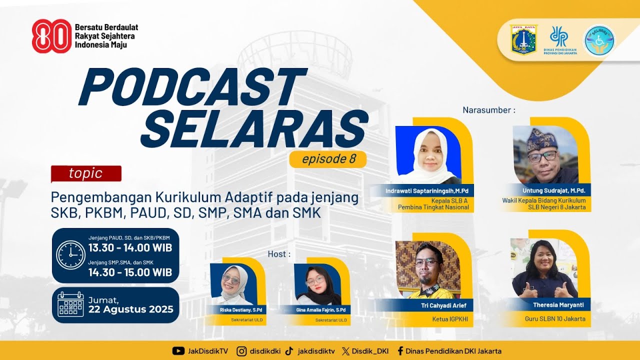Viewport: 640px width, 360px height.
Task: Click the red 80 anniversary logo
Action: pos(51,36)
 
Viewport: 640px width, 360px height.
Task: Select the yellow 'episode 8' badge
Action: pos(328,159)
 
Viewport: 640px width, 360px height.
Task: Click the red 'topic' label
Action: pos(86,173)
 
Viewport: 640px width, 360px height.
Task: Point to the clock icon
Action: pos(70,255)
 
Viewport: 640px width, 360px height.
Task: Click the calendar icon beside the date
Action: pos(70,304)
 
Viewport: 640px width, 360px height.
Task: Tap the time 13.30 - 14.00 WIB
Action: pos(130,248)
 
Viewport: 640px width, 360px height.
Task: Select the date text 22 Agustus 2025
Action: pos(131,309)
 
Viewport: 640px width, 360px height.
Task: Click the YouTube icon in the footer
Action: pos(178,351)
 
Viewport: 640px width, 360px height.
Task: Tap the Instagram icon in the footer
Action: pos(242,351)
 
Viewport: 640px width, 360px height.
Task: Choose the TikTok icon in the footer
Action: pos(289,351)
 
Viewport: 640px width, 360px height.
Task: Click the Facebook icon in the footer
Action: pos(400,351)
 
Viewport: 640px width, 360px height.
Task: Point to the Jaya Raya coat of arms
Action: pos(523,39)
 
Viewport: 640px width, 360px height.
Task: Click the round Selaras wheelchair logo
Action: pos(599,40)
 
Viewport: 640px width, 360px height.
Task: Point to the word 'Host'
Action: pos(278,254)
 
